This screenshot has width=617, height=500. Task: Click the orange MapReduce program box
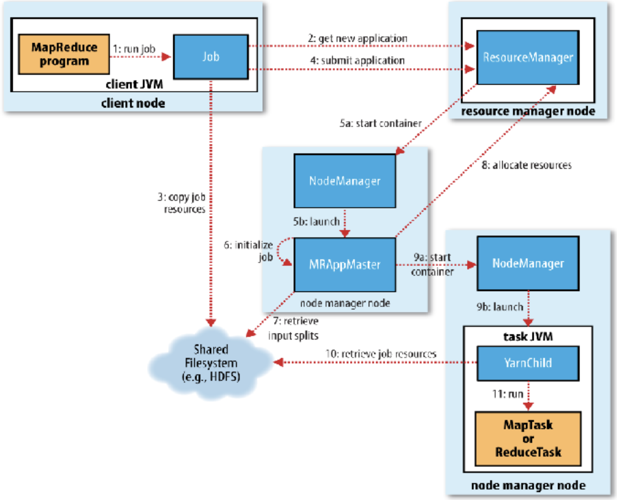click(64, 54)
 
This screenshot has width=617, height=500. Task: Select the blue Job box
click(211, 57)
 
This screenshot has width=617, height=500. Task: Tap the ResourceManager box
click(528, 57)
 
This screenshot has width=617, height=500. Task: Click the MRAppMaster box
click(345, 265)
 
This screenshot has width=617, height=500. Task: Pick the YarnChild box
click(528, 363)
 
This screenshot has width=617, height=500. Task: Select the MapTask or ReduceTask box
click(528, 439)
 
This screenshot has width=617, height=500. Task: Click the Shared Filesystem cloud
click(211, 363)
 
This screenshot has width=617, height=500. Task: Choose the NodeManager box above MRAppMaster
click(345, 181)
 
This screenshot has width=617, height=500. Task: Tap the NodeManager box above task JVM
click(528, 263)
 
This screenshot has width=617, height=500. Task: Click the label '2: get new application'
click(357, 38)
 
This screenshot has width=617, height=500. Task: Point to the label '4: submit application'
click(357, 61)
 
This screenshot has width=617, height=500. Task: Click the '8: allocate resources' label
click(526, 165)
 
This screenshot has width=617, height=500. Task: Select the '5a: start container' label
click(380, 123)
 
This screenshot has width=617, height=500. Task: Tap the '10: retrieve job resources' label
click(381, 354)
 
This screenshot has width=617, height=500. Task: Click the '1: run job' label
click(134, 49)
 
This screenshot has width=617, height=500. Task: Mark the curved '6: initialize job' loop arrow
click(281, 251)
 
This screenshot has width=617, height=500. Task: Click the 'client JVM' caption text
click(134, 84)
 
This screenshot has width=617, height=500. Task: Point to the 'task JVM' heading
click(528, 337)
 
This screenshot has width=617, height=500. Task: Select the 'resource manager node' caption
click(528, 111)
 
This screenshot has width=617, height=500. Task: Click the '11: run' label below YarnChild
click(507, 394)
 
